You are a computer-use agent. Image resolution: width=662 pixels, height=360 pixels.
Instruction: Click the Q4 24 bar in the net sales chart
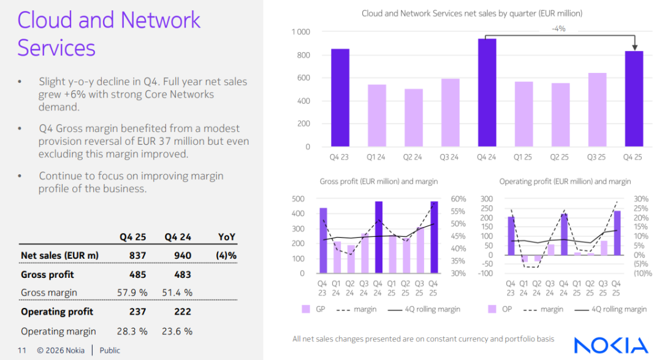(487, 93)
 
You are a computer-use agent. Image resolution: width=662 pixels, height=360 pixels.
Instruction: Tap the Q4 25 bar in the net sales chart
(634, 99)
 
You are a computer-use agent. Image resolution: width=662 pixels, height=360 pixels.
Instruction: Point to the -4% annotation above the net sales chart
(558, 29)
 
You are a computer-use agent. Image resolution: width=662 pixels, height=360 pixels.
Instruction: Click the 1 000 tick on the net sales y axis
(300, 32)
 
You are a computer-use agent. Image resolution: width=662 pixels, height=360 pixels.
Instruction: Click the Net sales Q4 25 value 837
(139, 255)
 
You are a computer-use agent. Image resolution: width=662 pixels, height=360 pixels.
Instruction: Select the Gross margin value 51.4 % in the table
(178, 293)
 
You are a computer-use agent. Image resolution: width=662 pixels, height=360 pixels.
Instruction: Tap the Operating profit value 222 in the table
(183, 312)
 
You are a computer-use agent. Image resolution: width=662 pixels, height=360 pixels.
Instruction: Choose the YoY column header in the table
(226, 237)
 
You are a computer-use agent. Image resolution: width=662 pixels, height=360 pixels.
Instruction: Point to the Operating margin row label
(58, 331)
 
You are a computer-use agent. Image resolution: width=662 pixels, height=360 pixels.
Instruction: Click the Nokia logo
(611, 345)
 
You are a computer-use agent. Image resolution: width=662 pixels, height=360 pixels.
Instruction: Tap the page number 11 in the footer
(22, 351)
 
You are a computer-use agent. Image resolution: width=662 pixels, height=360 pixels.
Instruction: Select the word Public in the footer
(110, 351)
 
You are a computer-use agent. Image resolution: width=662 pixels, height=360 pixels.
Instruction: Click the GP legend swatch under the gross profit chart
(306, 309)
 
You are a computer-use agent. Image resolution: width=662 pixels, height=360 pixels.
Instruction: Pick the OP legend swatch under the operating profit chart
(492, 309)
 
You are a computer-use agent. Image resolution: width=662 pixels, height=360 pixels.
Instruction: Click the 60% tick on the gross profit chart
(458, 199)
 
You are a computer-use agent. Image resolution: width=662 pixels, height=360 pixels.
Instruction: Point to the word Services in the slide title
(56, 47)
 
